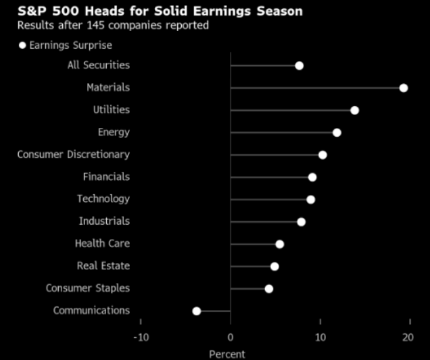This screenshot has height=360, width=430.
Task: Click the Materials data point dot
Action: (404, 88)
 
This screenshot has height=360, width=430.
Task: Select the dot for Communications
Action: (197, 311)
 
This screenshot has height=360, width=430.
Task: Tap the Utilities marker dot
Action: (354, 110)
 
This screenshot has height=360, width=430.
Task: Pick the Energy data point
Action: (337, 133)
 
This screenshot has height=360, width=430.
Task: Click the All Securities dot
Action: (299, 66)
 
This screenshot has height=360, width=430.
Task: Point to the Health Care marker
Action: (280, 244)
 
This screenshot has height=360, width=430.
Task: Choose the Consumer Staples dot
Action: (269, 289)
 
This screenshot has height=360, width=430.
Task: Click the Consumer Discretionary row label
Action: (73, 154)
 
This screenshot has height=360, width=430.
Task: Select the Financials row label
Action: (106, 177)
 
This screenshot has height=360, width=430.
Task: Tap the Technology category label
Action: (103, 199)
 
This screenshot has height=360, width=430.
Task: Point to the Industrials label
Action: (104, 221)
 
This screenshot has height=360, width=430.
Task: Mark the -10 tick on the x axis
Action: (141, 337)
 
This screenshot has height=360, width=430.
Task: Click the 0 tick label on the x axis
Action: (231, 337)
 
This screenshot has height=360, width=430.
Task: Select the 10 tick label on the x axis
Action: (320, 337)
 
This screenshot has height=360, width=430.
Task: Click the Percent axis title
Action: (227, 354)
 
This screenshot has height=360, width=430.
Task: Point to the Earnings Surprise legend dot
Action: (22, 45)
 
